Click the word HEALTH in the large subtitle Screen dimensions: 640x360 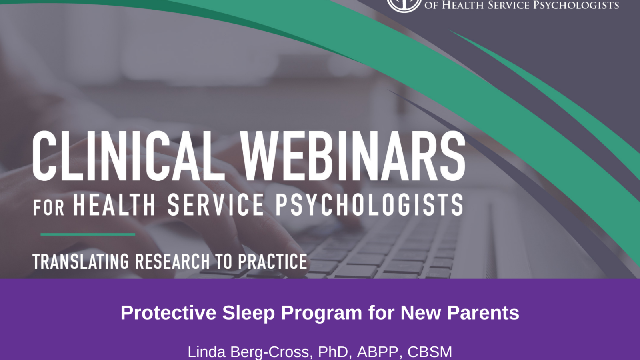pyautogui.click(x=114, y=204)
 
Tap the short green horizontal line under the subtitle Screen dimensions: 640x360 pyautogui.click(x=88, y=234)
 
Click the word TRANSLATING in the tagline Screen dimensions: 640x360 pyautogui.click(x=81, y=262)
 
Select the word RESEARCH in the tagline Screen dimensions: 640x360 pyautogui.click(x=172, y=262)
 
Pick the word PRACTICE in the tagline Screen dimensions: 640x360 pyautogui.click(x=273, y=262)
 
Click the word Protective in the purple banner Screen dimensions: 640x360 pyautogui.click(x=168, y=312)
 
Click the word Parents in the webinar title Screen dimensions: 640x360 pyautogui.click(x=483, y=312)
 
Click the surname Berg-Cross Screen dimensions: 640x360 pyautogui.click(x=270, y=352)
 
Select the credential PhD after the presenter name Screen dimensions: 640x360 pyautogui.click(x=334, y=352)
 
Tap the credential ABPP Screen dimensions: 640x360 pyautogui.click(x=377, y=352)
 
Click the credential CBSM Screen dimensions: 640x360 pyautogui.click(x=430, y=352)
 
